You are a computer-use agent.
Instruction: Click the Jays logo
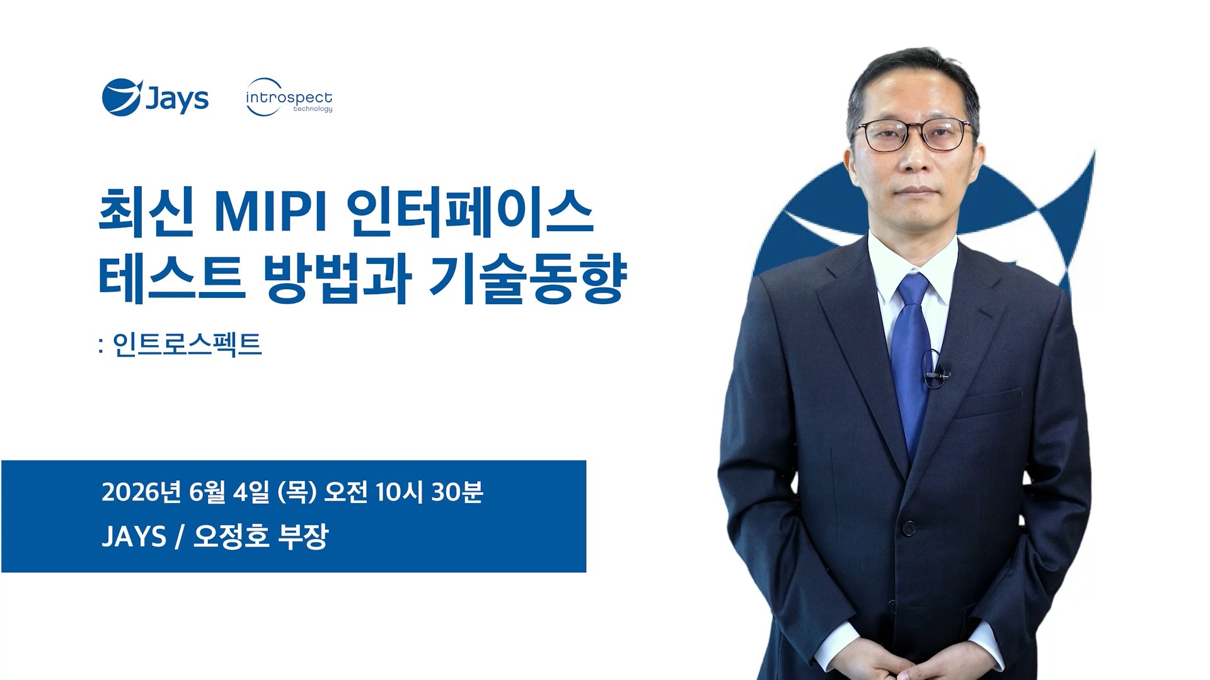pyautogui.click(x=155, y=98)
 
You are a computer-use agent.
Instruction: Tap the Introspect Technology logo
pyautogui.click(x=289, y=98)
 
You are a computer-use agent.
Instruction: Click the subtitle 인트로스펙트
pyautogui.click(x=187, y=344)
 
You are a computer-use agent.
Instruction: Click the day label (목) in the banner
pyautogui.click(x=297, y=492)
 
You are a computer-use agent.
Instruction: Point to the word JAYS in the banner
pyautogui.click(x=134, y=536)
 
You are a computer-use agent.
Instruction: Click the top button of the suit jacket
pyautogui.click(x=908, y=528)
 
